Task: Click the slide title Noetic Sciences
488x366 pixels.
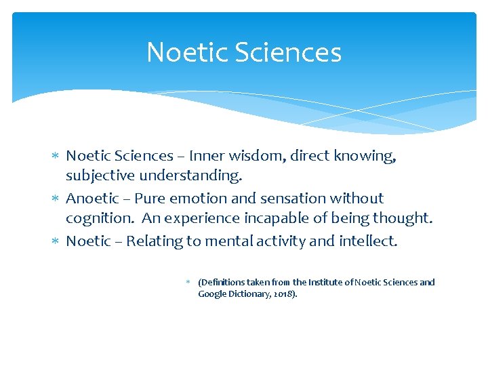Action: pyautogui.click(x=244, y=53)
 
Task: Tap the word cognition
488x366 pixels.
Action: pyautogui.click(x=99, y=218)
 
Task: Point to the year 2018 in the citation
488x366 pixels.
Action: pyautogui.click(x=284, y=295)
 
